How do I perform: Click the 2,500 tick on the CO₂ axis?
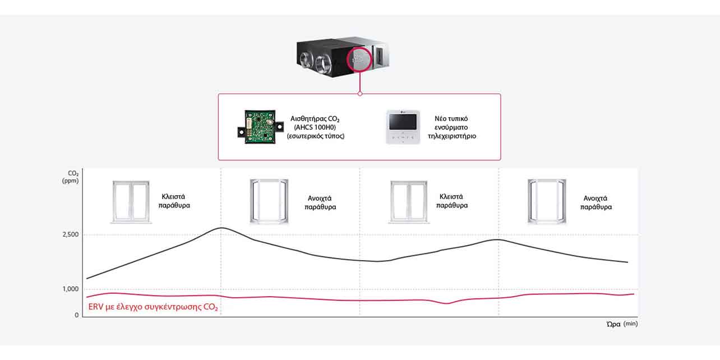click(x=70, y=234)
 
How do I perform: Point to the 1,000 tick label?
click(x=70, y=289)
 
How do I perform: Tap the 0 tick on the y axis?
click(x=77, y=315)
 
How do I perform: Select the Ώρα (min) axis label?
click(x=622, y=324)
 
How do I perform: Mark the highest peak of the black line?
click(x=222, y=228)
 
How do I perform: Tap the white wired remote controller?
click(x=403, y=127)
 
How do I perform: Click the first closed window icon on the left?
click(x=131, y=202)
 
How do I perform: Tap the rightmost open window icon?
click(x=547, y=202)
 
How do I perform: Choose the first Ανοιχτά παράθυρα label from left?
click(x=320, y=202)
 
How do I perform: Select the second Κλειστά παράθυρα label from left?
click(x=452, y=201)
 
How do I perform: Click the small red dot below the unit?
click(x=360, y=94)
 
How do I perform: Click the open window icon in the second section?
click(x=269, y=202)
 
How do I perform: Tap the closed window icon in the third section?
click(x=409, y=202)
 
